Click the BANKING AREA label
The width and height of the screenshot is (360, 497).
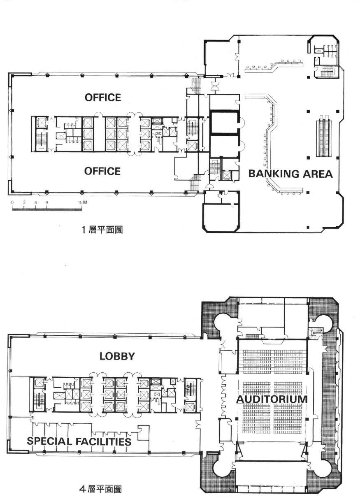[x=290, y=174]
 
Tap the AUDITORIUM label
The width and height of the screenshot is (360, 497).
[x=272, y=399]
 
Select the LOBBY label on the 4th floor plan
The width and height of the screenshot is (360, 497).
[x=117, y=356]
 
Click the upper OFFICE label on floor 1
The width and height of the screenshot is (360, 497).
[x=103, y=98]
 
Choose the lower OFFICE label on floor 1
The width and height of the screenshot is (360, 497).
[x=102, y=171]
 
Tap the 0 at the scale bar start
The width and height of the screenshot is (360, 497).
[x=12, y=202]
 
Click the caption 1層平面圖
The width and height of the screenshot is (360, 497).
[x=102, y=230]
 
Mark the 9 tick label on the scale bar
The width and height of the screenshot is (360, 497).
[x=47, y=202]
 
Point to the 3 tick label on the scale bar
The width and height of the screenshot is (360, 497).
[x=24, y=202]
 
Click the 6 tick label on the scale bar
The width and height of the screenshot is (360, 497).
[x=35, y=202]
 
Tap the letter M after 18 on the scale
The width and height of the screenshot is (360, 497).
[x=85, y=202]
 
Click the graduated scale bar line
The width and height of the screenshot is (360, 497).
[x=47, y=209]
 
